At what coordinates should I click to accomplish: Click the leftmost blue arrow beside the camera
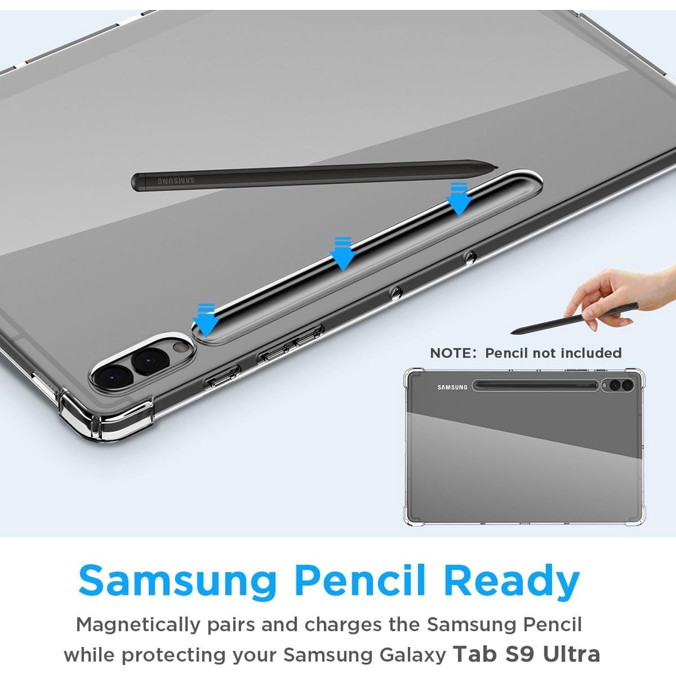point(207,319)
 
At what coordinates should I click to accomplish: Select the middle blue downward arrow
point(343,253)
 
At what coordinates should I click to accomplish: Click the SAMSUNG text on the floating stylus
point(176,180)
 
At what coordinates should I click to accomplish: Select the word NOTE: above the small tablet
point(453,353)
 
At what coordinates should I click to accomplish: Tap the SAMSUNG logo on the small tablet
point(452,388)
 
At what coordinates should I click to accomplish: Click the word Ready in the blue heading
point(512,582)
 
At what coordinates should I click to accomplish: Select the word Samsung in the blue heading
point(178,582)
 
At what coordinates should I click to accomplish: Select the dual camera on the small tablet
point(621,385)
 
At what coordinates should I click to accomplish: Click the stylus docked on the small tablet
point(535,385)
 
